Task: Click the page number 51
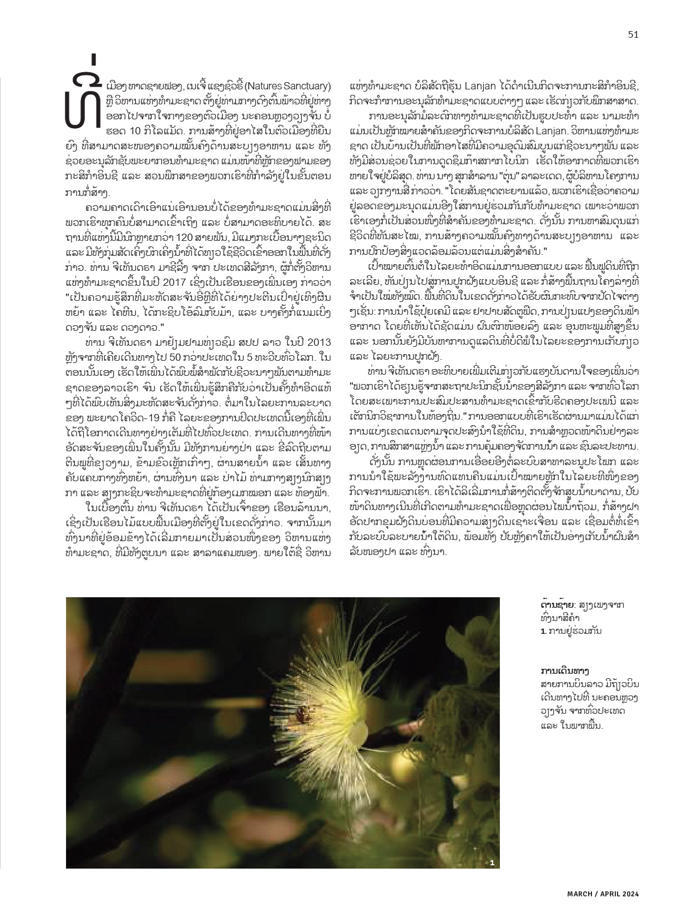633,34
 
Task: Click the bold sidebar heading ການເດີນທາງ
564,670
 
